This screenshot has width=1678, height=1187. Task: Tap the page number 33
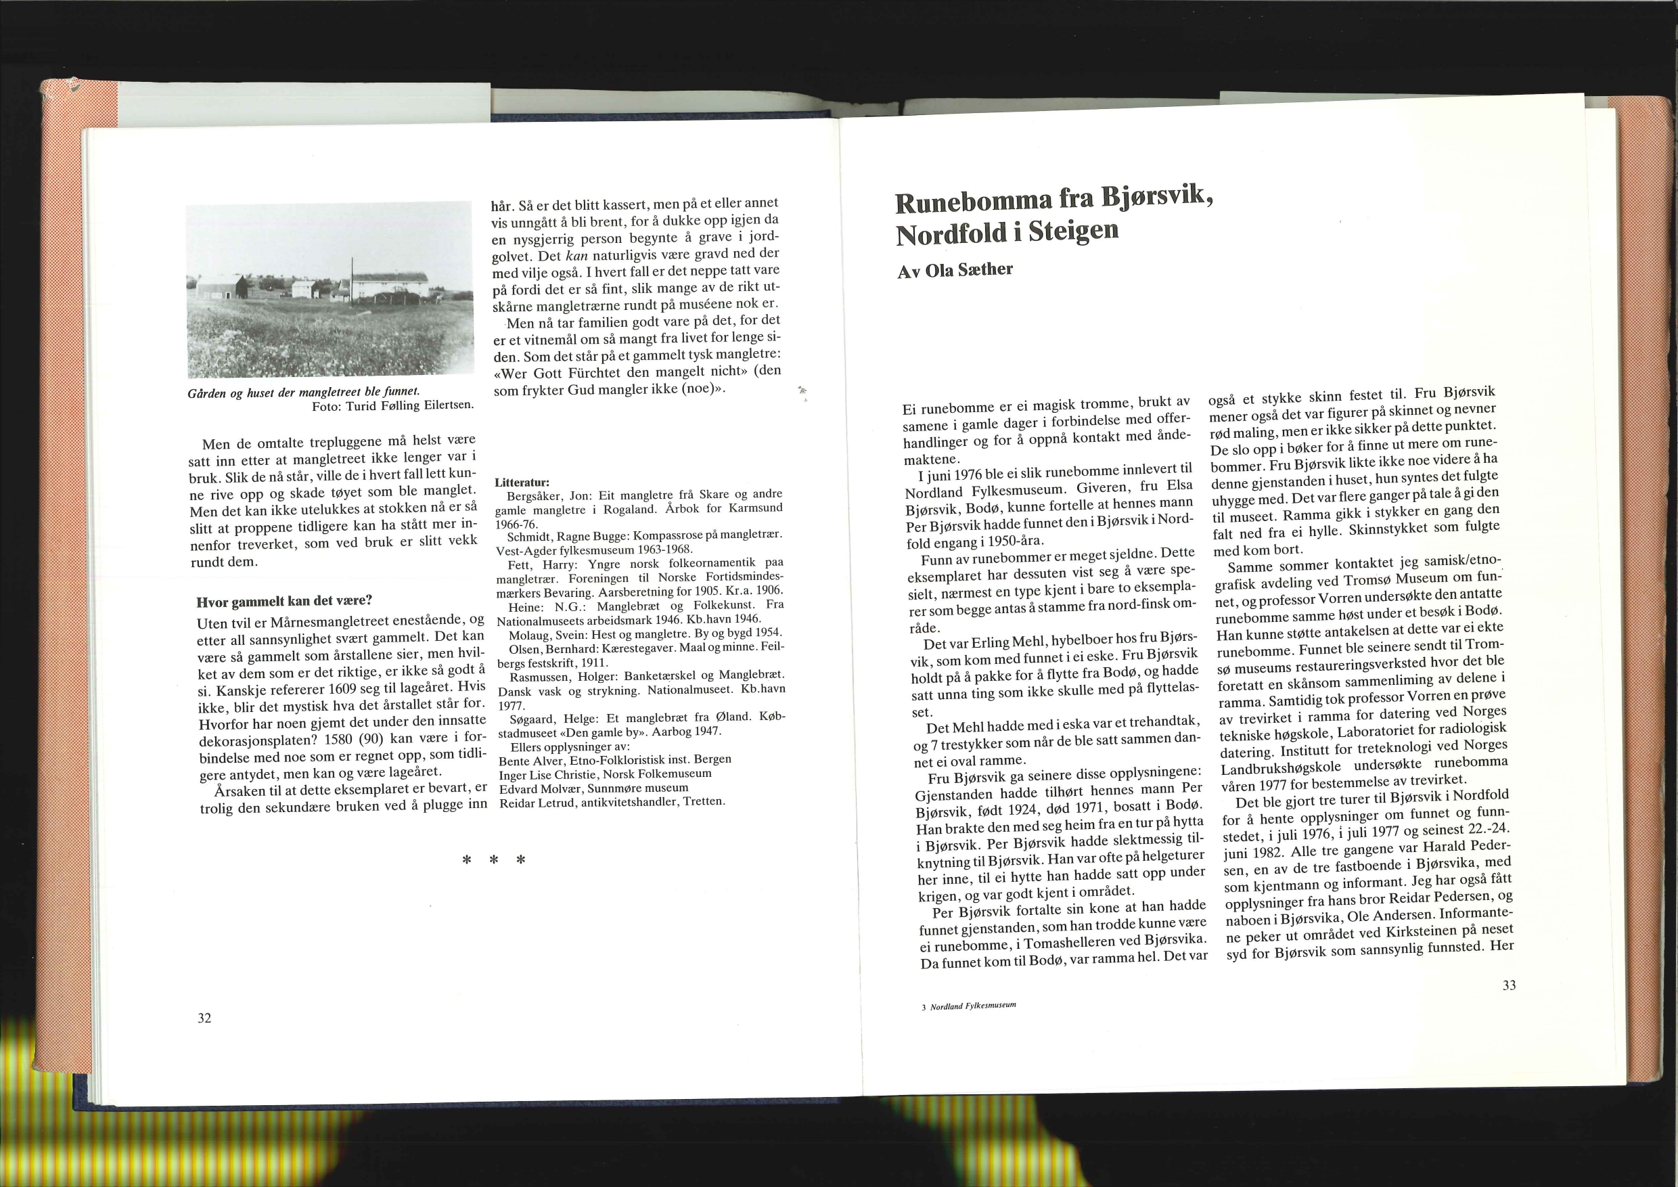click(1509, 985)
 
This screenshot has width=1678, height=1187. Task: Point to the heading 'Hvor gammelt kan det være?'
click(284, 602)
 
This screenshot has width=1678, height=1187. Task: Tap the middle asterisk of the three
click(494, 860)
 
